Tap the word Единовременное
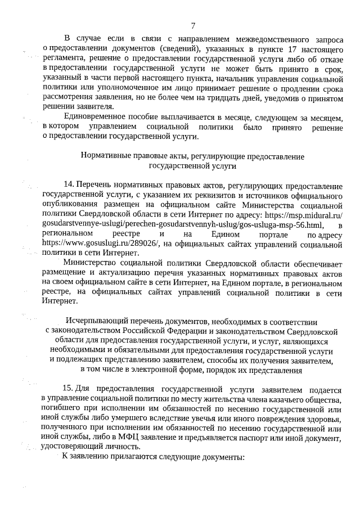tap(97, 117)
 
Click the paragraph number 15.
tap(69, 390)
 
